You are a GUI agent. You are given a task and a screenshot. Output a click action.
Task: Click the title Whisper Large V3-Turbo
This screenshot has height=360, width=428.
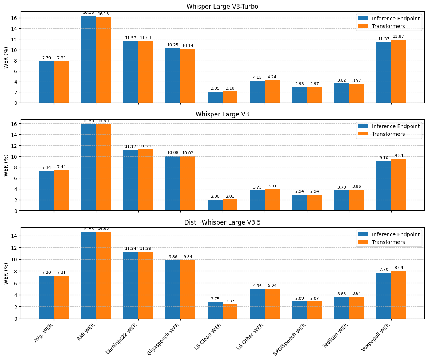(x=222, y=7)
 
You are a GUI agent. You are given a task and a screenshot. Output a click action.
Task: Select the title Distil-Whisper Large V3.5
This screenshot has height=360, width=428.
(x=222, y=222)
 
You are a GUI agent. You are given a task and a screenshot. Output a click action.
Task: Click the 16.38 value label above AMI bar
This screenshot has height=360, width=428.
(x=88, y=12)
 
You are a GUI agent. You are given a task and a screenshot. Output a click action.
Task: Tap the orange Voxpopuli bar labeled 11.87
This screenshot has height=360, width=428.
(x=399, y=71)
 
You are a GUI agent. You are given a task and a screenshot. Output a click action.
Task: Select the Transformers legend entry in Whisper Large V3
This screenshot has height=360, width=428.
(x=388, y=134)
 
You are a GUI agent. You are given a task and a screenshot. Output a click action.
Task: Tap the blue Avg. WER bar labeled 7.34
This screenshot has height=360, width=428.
(x=46, y=190)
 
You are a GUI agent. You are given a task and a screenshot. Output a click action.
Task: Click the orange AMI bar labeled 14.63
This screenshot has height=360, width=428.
(x=103, y=275)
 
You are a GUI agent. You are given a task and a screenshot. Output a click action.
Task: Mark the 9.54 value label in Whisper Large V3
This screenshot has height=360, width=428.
(x=398, y=155)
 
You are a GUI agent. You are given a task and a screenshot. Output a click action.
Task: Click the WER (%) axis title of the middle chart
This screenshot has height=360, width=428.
(x=6, y=165)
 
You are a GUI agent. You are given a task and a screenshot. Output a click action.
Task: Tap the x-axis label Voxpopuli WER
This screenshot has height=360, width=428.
(x=376, y=337)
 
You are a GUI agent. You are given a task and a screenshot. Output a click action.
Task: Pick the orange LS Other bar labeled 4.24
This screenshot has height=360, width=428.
(x=272, y=91)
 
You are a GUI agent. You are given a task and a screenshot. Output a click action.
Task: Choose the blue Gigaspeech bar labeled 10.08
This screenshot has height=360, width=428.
(x=173, y=183)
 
